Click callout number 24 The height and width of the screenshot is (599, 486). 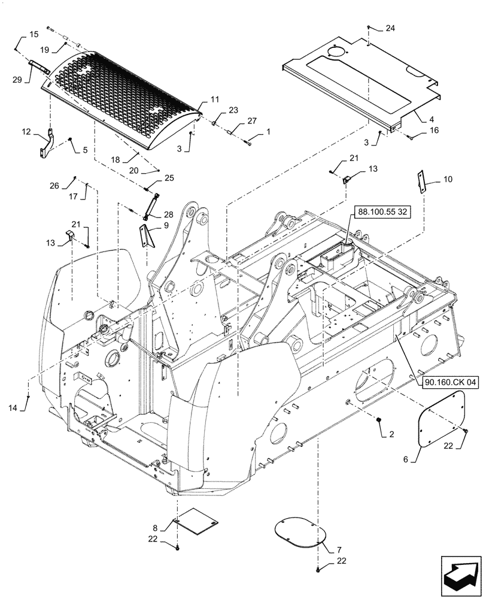click(x=390, y=28)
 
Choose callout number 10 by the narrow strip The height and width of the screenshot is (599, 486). click(x=449, y=179)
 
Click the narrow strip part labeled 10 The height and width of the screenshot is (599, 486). click(x=422, y=181)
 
